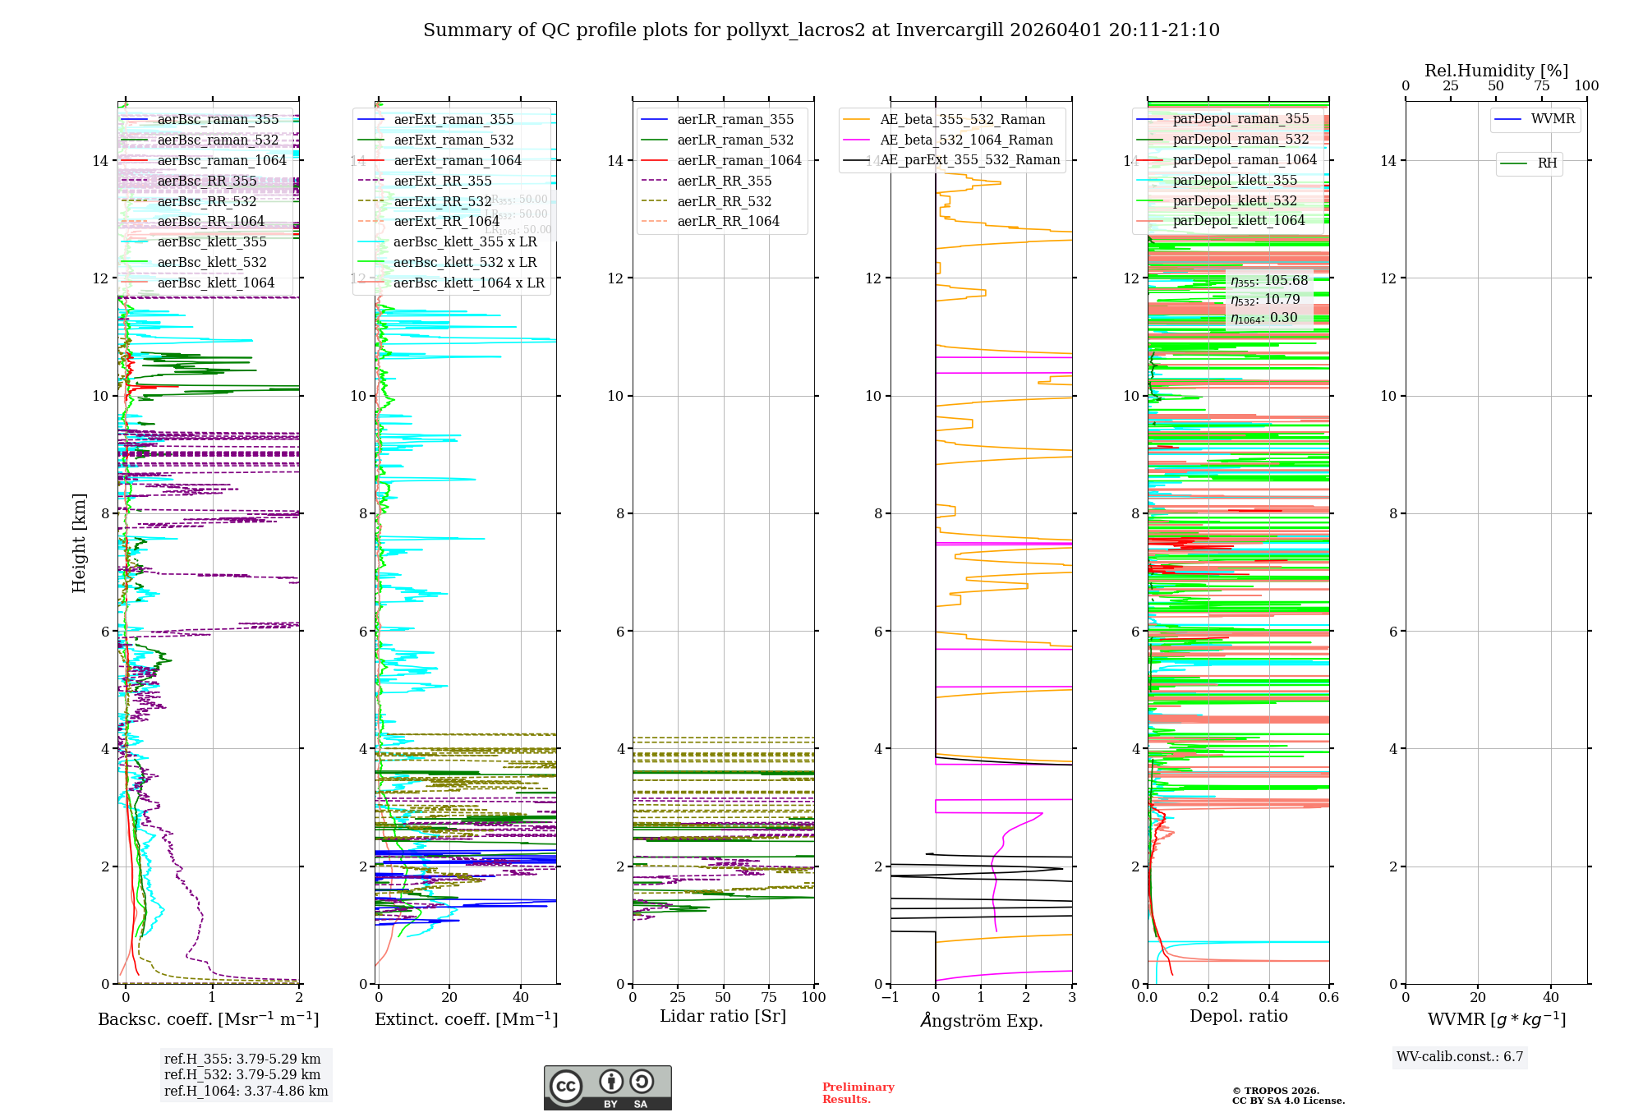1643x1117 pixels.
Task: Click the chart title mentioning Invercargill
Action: click(x=821, y=30)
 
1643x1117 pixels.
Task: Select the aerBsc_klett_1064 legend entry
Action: click(x=215, y=283)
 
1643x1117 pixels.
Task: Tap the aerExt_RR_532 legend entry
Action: click(x=442, y=201)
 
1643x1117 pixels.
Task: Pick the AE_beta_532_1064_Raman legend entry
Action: click(x=965, y=140)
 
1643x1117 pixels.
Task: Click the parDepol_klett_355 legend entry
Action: click(x=1234, y=180)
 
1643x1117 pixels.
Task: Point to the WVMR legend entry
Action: click(x=1552, y=119)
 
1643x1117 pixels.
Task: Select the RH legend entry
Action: click(x=1546, y=163)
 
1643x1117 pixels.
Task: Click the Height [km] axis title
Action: click(x=79, y=542)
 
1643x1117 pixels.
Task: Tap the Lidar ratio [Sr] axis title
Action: click(x=723, y=1016)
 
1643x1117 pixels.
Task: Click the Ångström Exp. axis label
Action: click(x=981, y=1020)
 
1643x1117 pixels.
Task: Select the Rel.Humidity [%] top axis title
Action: click(x=1496, y=71)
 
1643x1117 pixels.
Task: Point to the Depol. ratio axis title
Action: click(x=1238, y=1016)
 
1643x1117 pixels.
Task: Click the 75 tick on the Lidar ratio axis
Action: click(x=769, y=997)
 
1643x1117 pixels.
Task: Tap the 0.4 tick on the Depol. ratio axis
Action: click(x=1268, y=997)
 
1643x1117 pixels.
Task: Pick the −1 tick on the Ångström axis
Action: click(x=890, y=997)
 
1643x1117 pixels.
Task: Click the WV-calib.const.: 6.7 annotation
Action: click(x=1460, y=1056)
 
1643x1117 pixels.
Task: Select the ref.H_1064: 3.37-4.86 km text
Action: click(x=246, y=1091)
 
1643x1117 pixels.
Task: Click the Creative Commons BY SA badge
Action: click(x=607, y=1087)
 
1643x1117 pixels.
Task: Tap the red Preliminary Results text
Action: click(x=858, y=1092)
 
